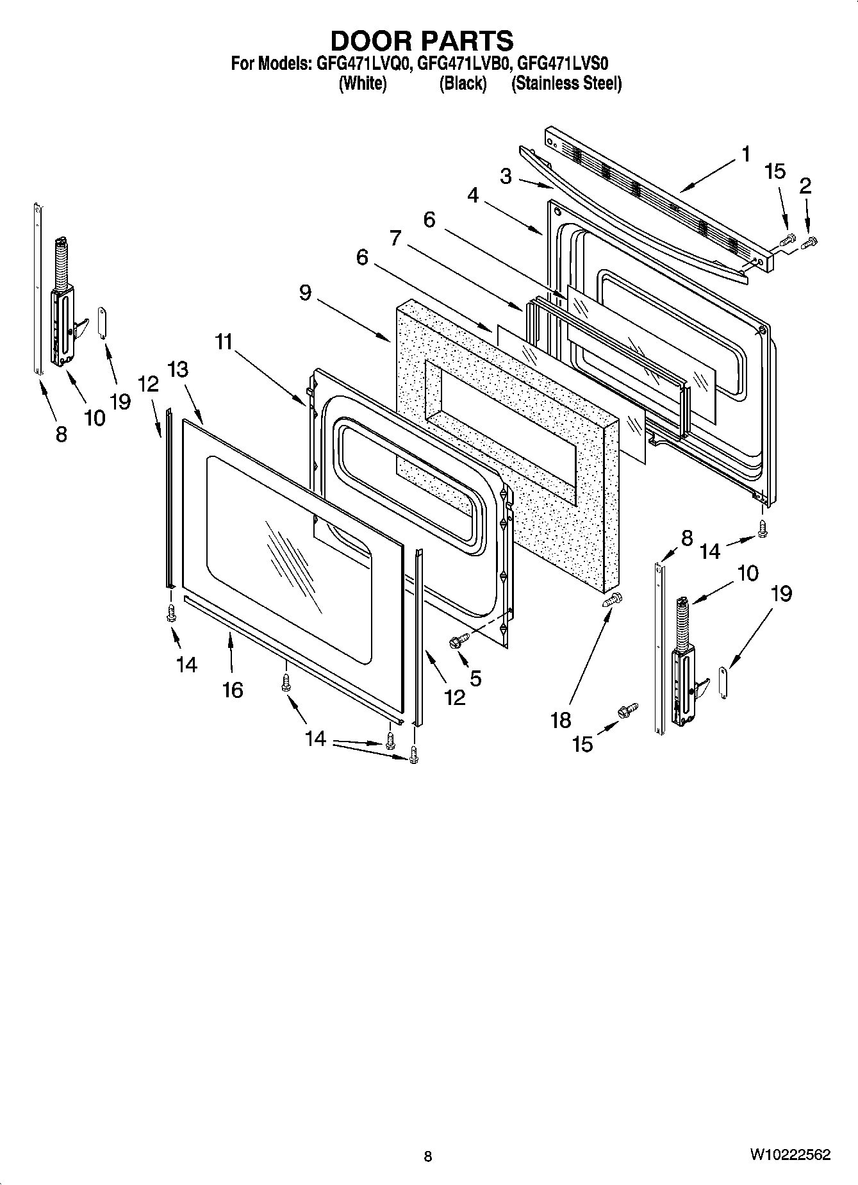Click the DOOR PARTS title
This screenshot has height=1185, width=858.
click(x=422, y=40)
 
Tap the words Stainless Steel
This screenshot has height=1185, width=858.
click(x=566, y=83)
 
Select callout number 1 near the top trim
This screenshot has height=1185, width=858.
click(x=745, y=154)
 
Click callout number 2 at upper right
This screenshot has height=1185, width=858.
click(x=805, y=186)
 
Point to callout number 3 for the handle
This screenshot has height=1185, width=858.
click(x=506, y=176)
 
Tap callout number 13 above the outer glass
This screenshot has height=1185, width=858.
click(x=179, y=370)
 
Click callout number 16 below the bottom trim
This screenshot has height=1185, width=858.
click(x=233, y=690)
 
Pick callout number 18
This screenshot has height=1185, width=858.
click(x=561, y=720)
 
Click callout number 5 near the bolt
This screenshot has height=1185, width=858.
click(x=475, y=677)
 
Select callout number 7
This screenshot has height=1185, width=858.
click(x=395, y=238)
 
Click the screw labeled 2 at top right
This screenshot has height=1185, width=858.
click(x=811, y=242)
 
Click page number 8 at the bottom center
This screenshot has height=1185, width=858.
click(x=428, y=1157)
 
